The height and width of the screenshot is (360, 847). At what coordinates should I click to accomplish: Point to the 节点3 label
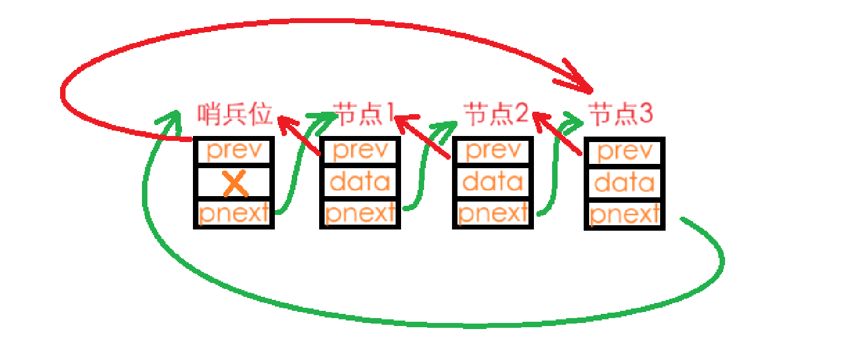[x=621, y=113]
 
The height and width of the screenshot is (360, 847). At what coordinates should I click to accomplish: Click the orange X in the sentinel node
[x=235, y=183]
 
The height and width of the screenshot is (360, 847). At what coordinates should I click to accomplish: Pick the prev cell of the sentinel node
[x=234, y=151]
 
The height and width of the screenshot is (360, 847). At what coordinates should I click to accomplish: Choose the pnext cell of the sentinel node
[x=234, y=213]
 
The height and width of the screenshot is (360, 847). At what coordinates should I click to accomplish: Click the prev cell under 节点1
[x=360, y=151]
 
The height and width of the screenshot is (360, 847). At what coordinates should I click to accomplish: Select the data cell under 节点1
[x=360, y=181]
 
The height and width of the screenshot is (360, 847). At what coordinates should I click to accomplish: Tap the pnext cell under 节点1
[x=360, y=213]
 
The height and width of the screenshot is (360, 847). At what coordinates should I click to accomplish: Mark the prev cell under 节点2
[x=493, y=151]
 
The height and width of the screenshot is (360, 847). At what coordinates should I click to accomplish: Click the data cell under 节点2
[x=493, y=181]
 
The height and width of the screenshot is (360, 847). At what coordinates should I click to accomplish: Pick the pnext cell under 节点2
[x=493, y=213]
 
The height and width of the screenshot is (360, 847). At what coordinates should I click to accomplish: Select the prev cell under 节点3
[x=624, y=152]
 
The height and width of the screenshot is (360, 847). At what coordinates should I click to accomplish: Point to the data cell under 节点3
[x=624, y=182]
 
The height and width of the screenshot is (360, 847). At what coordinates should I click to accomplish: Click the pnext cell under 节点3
[x=624, y=214]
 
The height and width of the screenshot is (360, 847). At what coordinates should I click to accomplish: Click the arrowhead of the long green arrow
[x=170, y=118]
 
